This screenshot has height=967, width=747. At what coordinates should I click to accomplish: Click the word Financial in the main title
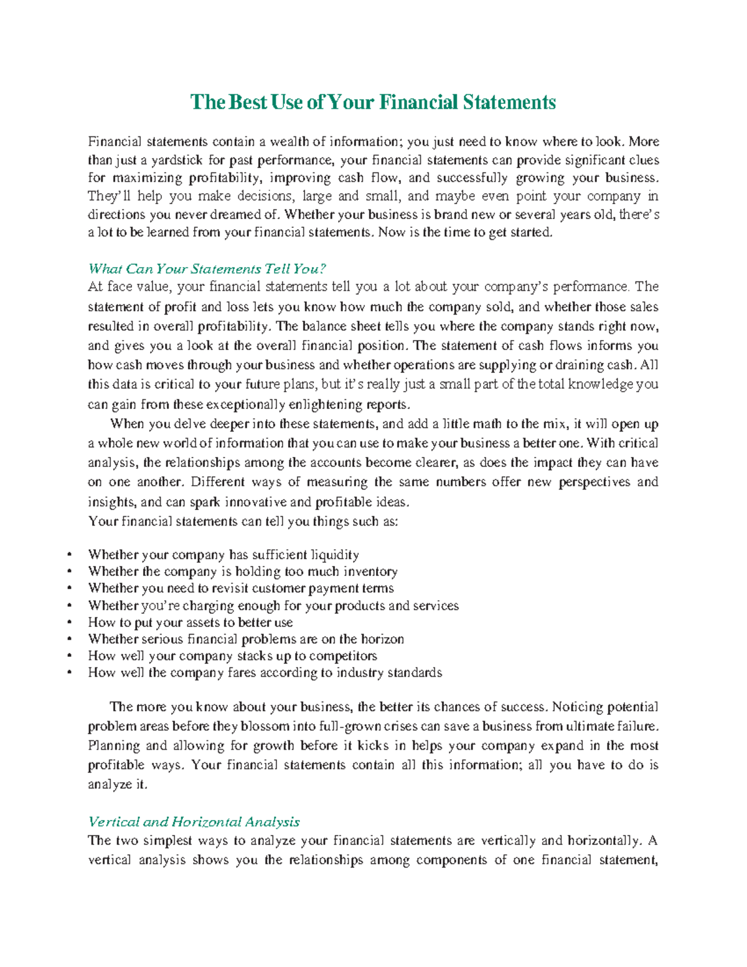pyautogui.click(x=418, y=102)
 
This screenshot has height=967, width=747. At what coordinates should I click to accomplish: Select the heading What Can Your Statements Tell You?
pyautogui.click(x=207, y=269)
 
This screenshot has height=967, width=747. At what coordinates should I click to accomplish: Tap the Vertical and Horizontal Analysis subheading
pyautogui.click(x=194, y=822)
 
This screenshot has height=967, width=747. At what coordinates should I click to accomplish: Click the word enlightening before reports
pyautogui.click(x=322, y=404)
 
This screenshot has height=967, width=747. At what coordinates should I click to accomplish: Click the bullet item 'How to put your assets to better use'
pyautogui.click(x=190, y=623)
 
